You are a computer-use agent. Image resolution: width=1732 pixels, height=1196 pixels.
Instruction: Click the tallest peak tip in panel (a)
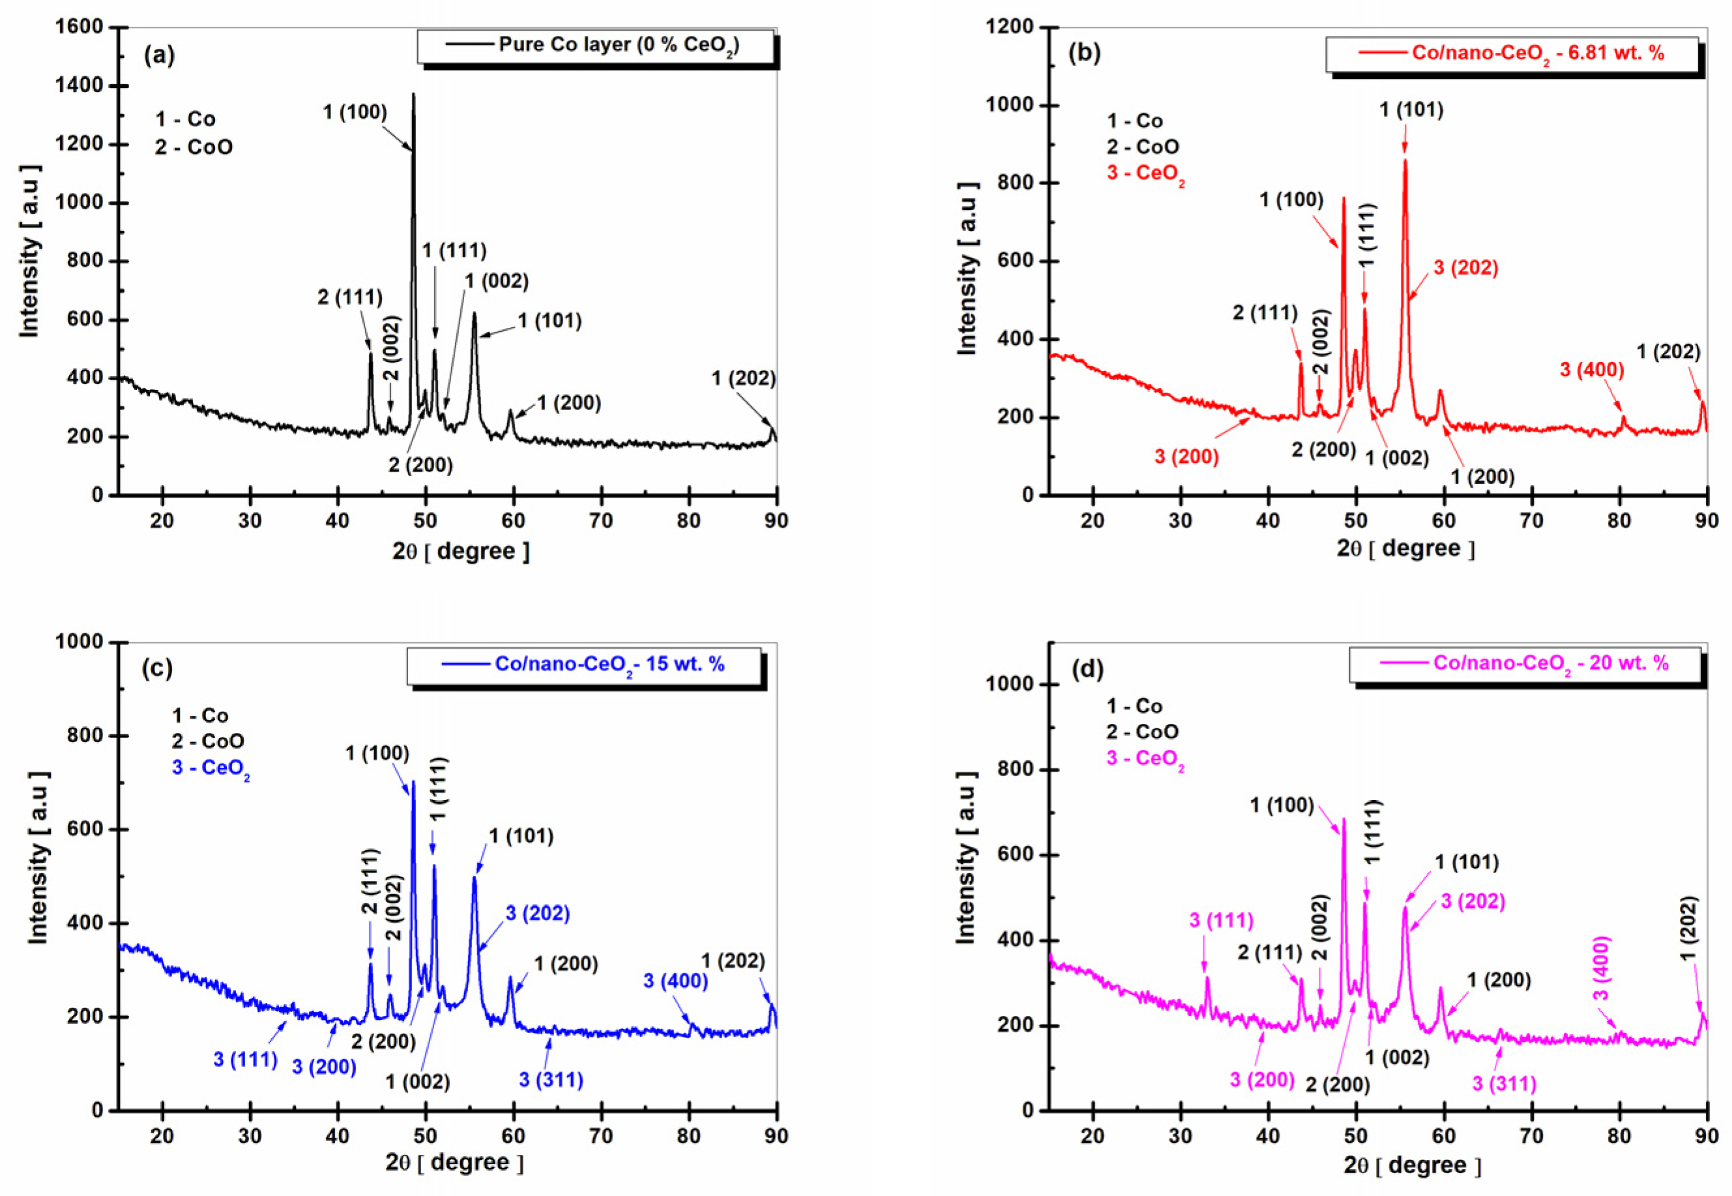point(413,95)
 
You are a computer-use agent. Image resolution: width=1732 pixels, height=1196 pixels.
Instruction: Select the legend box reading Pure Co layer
point(596,46)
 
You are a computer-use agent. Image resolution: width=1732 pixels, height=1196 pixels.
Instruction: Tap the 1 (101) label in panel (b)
point(1411,110)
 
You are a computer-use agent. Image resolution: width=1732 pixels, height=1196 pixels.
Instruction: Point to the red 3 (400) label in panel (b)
point(1591,370)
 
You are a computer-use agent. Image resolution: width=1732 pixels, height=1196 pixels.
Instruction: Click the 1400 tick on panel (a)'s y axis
point(80,86)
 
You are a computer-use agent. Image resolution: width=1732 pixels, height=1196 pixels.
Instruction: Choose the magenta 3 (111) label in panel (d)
point(1221,920)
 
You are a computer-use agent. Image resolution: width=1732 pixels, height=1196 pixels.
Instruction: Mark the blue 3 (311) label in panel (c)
point(551,1080)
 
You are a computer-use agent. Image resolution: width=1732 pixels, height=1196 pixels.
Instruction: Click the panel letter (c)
point(157,668)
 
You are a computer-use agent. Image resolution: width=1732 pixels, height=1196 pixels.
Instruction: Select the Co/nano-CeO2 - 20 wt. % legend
point(1525,664)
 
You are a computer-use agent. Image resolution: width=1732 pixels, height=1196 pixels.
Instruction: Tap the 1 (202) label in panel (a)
point(743,378)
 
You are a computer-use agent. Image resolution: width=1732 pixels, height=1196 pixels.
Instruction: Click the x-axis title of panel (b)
point(1405,548)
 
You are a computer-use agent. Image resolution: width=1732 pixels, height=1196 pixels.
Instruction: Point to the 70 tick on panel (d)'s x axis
point(1531,1136)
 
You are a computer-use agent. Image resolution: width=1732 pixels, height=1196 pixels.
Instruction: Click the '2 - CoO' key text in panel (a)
point(194,147)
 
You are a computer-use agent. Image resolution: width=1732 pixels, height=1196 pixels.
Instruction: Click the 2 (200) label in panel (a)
point(420,466)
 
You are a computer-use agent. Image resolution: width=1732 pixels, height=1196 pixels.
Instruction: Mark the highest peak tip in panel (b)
point(1405,160)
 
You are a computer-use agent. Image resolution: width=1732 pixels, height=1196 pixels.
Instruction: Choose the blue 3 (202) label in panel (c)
point(537,914)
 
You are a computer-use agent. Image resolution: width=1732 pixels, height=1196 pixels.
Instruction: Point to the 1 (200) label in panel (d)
point(1498,980)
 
